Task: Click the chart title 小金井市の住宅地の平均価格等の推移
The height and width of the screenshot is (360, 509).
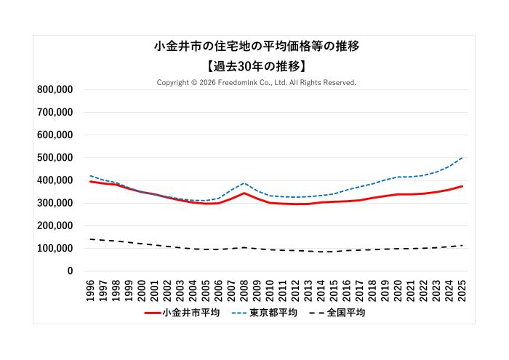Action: [257, 46]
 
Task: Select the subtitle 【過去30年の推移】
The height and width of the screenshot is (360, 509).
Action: [257, 65]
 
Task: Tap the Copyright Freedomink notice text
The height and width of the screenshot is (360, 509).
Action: [257, 83]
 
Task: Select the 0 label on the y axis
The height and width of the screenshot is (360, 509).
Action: [70, 271]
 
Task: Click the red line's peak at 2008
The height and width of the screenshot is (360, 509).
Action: [245, 193]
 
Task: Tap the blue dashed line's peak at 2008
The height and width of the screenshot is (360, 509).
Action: [245, 183]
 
